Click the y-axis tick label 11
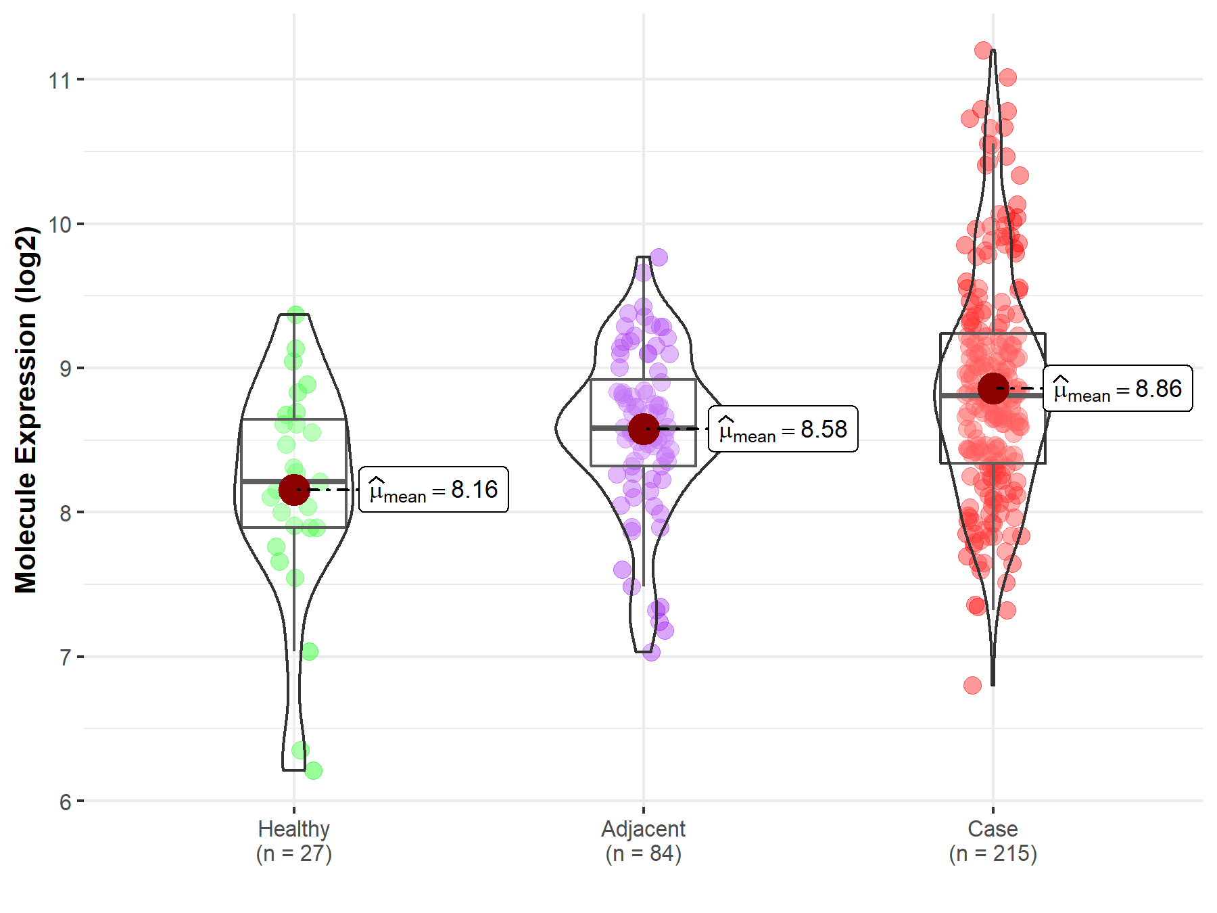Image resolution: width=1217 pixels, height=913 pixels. (x=59, y=80)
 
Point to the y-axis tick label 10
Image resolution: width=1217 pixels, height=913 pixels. (x=59, y=225)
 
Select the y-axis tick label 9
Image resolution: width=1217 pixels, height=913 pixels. (x=65, y=369)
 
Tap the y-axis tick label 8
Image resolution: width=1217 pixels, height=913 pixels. (x=65, y=513)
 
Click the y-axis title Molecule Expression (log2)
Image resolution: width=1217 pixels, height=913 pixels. (x=26, y=410)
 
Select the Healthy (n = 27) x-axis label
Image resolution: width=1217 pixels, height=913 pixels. (x=294, y=841)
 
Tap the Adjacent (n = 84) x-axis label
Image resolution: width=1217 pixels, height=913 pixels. (x=644, y=841)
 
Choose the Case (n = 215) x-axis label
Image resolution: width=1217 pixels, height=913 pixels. (x=993, y=841)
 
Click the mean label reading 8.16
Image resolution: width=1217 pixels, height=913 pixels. (x=433, y=490)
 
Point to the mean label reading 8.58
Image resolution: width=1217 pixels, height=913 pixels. (x=783, y=429)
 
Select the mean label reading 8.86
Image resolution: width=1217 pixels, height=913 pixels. (x=1118, y=389)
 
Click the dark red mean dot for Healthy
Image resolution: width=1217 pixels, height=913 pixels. (x=294, y=490)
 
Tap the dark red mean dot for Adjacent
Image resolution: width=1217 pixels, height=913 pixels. (x=644, y=429)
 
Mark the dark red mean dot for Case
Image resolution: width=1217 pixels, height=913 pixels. (x=993, y=388)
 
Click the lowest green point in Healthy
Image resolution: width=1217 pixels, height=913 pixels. (x=313, y=770)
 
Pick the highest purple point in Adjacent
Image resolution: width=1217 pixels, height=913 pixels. (x=659, y=257)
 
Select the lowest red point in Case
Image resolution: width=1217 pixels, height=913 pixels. (x=972, y=686)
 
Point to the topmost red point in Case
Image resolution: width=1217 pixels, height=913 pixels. (x=983, y=50)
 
